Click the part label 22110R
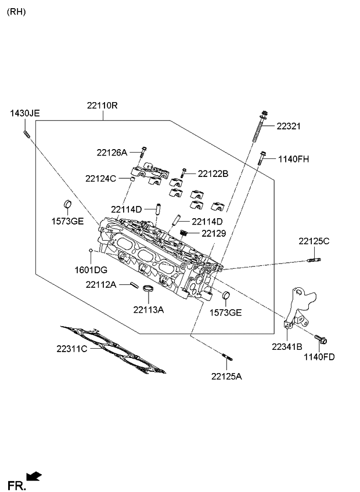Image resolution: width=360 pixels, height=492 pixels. click(102, 106)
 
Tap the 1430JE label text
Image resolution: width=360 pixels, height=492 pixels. click(25, 113)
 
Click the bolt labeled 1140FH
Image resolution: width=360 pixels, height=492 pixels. click(261, 158)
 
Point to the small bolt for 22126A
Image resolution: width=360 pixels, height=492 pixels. click(143, 153)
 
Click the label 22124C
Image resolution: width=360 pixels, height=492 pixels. click(100, 179)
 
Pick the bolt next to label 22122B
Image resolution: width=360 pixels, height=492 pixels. click(183, 173)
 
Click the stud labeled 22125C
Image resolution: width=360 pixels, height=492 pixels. click(314, 260)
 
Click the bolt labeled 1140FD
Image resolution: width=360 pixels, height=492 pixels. click(321, 339)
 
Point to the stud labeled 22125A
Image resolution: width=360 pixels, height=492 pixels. click(227, 357)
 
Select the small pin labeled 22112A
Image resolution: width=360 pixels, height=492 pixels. click(134, 285)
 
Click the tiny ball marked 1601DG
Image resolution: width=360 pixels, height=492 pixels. click(91, 251)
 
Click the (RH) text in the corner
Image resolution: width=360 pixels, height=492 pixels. click(16, 12)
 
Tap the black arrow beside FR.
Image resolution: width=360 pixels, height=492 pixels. click(34, 476)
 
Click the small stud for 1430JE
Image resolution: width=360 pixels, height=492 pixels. click(26, 134)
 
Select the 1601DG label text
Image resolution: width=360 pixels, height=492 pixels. click(91, 270)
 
